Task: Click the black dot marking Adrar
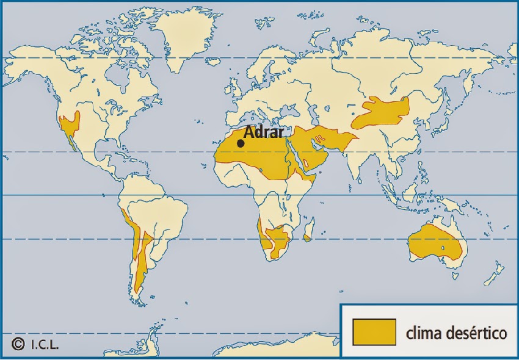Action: (241, 143)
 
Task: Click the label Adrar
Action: (264, 132)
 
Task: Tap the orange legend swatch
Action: (374, 332)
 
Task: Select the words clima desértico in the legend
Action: (456, 333)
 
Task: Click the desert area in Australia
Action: (437, 244)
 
